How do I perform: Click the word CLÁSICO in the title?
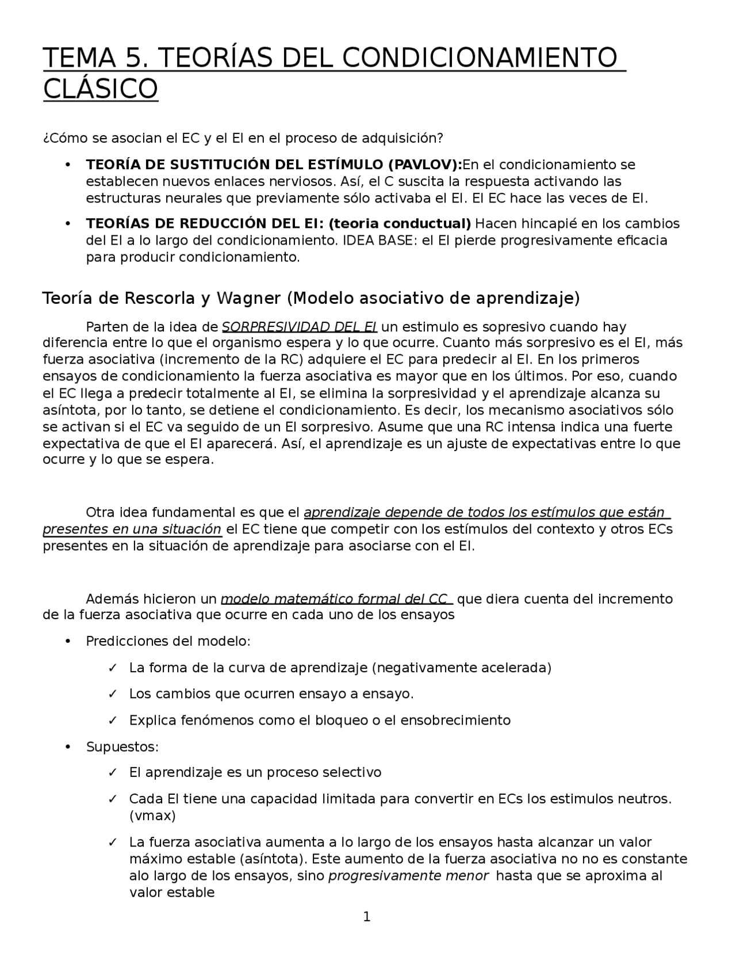click(101, 89)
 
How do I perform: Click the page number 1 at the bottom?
click(367, 917)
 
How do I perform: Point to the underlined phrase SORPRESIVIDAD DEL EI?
click(299, 327)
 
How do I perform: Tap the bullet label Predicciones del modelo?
click(168, 641)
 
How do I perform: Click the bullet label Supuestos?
click(122, 747)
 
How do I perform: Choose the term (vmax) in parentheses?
click(152, 815)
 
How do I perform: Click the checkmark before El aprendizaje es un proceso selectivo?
click(113, 772)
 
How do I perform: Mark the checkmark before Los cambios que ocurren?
click(113, 694)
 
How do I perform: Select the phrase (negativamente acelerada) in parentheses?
click(462, 668)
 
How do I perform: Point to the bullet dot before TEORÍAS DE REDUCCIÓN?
click(68, 223)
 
